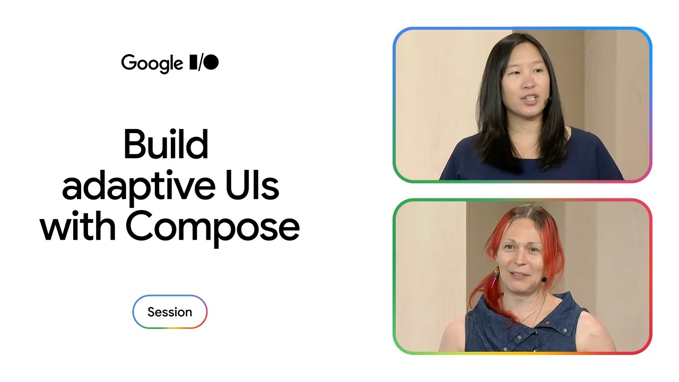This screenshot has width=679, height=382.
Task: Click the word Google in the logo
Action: [152, 64]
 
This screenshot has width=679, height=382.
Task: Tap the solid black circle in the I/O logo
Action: [211, 62]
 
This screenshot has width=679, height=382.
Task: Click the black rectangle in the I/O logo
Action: [193, 62]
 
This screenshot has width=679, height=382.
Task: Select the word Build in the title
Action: [166, 144]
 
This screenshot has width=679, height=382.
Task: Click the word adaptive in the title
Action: [138, 188]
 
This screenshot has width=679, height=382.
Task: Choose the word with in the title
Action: [78, 226]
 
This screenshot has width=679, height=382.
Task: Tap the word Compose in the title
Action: [213, 229]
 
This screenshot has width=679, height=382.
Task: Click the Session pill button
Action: [170, 311]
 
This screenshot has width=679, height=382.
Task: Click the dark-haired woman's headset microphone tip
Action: [549, 99]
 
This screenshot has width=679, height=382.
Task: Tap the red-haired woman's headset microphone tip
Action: [544, 280]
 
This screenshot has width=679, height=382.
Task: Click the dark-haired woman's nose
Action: [529, 82]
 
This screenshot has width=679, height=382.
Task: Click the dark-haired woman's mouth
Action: [530, 99]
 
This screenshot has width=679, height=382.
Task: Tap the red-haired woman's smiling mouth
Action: [520, 275]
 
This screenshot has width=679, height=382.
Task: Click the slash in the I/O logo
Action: [199, 63]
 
